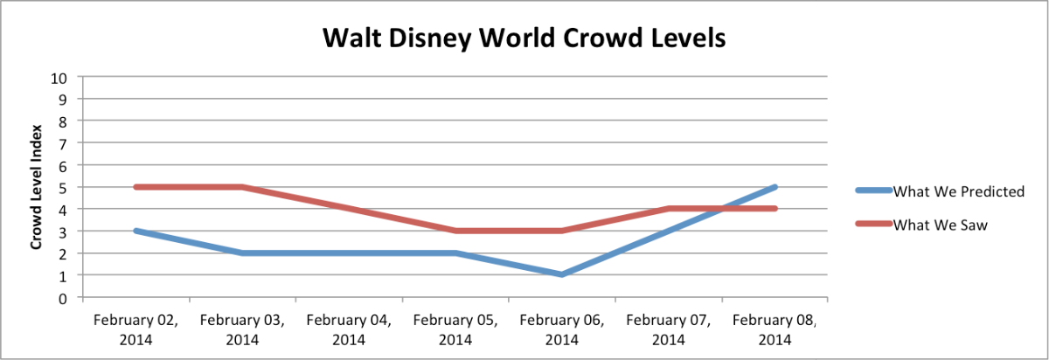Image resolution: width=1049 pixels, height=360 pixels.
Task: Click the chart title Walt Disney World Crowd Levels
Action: point(524,39)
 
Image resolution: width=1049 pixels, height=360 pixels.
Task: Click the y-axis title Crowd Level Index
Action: point(37,187)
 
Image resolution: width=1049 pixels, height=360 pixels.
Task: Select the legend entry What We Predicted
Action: point(957,192)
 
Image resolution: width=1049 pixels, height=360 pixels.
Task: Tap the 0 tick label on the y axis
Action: point(64,297)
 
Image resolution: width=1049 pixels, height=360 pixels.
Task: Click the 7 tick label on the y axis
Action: point(64,142)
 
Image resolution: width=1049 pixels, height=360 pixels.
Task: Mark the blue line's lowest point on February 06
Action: point(562,274)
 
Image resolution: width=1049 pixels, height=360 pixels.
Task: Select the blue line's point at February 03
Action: point(241,253)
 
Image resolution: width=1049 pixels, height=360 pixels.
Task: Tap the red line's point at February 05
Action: point(455,231)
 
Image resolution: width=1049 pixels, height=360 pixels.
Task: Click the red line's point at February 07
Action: point(669,209)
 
